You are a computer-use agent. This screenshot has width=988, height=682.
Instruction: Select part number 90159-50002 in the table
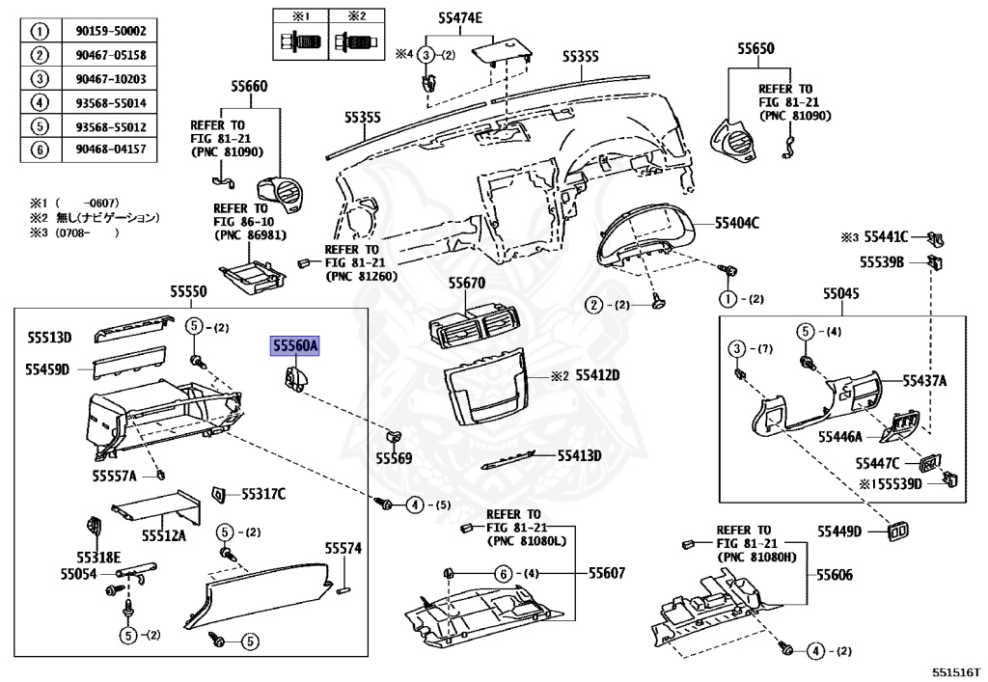coord(110,32)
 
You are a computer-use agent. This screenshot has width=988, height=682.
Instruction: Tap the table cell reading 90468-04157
coord(110,149)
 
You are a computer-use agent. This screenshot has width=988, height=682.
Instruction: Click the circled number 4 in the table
coord(41,102)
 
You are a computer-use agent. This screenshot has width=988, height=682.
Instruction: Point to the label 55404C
coord(737,223)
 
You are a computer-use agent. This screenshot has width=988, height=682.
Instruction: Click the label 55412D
coord(597,374)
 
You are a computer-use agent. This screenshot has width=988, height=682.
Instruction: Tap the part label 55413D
coord(580,455)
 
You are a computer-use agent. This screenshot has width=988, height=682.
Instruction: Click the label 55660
coord(248,87)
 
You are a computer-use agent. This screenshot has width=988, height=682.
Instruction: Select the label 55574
coord(343,548)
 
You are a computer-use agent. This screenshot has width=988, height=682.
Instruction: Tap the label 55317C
coord(263,494)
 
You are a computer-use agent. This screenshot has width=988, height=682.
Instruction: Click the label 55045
coord(841,292)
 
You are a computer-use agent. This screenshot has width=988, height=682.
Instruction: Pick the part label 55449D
coord(840,532)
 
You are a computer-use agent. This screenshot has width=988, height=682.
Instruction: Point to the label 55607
coord(607,573)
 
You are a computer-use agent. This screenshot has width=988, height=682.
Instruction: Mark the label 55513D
coord(49,337)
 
